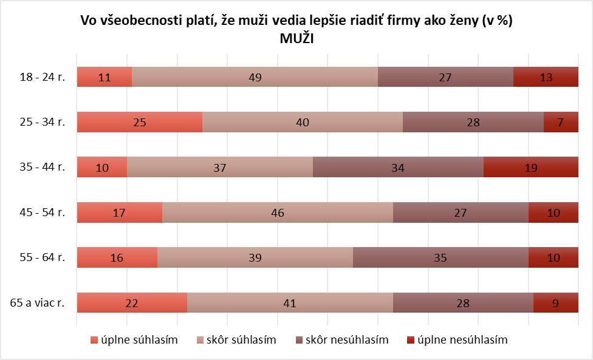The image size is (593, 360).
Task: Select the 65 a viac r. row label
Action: click(38, 303)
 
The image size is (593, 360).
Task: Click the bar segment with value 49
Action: click(255, 77)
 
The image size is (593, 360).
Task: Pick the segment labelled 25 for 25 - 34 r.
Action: click(139, 122)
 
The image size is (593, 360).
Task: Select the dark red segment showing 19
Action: click(530, 168)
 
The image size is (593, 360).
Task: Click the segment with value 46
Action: click(278, 212)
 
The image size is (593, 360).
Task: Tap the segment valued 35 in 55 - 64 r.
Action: click(440, 257)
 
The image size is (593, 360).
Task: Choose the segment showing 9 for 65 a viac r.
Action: click(555, 303)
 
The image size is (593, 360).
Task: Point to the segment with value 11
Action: click(104, 77)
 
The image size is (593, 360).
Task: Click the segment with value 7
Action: click(560, 122)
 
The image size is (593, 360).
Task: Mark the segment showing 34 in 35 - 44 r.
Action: click(398, 168)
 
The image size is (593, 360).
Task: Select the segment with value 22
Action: click(131, 303)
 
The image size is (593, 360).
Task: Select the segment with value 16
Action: click(117, 257)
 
